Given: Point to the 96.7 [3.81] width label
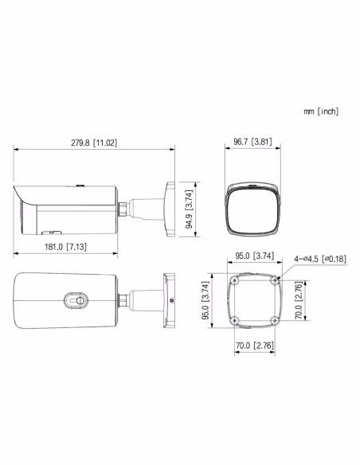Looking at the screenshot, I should pos(252,143).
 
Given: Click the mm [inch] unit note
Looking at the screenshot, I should pos(321,112).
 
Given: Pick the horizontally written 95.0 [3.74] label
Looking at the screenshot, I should pos(254,256).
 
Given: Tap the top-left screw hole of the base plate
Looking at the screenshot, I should pos(235,281).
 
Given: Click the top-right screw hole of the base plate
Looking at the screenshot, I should pos(273,281).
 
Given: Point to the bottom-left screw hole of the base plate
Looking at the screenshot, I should pos(235,320).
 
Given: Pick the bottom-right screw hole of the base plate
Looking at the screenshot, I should pos(273,320).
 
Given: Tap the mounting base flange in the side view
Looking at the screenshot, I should pos(168,209).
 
